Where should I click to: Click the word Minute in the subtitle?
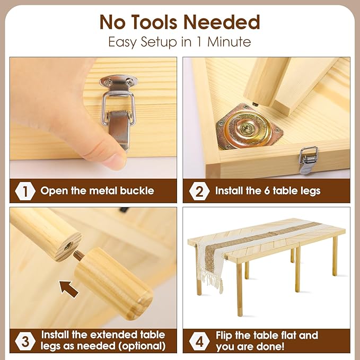[229, 42]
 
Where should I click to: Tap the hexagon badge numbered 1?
[25, 191]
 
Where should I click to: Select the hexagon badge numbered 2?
[199, 191]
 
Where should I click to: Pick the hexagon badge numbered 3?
[25, 341]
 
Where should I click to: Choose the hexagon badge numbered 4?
[199, 341]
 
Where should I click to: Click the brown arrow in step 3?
[68, 289]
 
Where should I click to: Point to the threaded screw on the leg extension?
[79, 256]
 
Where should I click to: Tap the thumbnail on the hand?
[116, 161]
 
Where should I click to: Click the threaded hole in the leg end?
[68, 246]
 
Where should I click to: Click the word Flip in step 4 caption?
[224, 336]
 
